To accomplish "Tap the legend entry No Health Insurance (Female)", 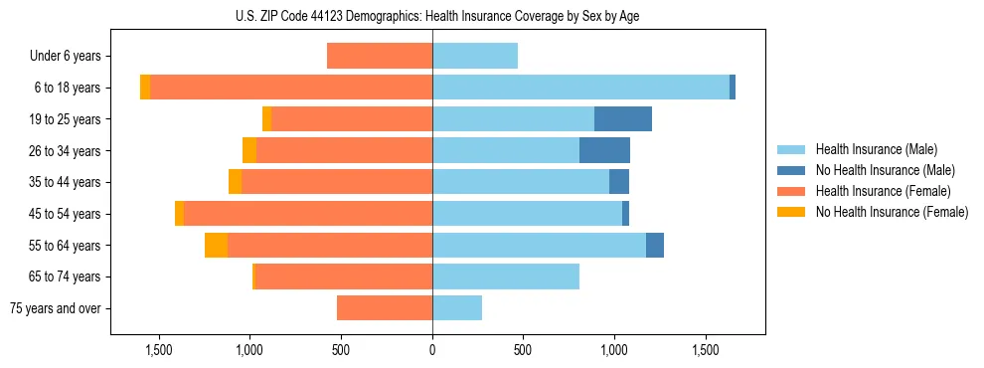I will (891, 212).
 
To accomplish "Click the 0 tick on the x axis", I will (432, 351).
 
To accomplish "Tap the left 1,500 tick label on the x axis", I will (159, 351).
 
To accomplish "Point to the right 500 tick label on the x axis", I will (523, 351).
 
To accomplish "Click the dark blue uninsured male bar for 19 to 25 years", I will (623, 119).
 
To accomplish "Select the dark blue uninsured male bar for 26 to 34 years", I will (604, 150).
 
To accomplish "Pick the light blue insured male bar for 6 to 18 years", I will (580, 88).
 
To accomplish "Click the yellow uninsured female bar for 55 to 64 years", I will (216, 246).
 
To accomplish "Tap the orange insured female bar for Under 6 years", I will (380, 57).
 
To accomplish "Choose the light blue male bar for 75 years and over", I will (457, 308).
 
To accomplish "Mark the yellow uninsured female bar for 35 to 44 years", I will (235, 182).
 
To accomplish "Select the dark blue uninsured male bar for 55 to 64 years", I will (655, 246).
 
